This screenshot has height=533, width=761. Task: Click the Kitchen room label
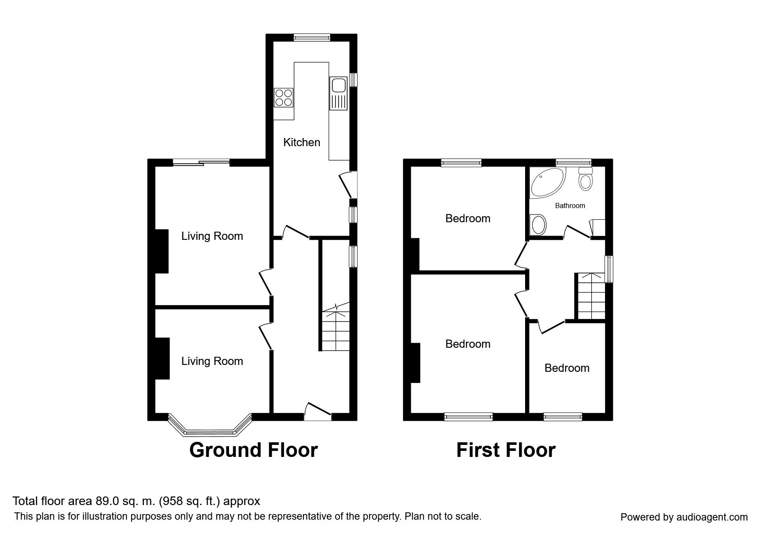302,142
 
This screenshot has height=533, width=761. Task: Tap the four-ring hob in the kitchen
284,97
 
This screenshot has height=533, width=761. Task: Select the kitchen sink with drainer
338,93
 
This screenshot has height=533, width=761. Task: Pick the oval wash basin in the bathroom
538,225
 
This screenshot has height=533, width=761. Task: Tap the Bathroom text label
570,205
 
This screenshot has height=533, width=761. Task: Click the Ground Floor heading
254,450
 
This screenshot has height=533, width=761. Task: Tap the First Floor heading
506,450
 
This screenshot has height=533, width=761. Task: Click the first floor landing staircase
591,296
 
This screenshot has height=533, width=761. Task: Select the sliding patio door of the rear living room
202,162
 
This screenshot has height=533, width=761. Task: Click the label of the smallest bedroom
567,368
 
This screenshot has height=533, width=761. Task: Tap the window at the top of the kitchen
312,37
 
